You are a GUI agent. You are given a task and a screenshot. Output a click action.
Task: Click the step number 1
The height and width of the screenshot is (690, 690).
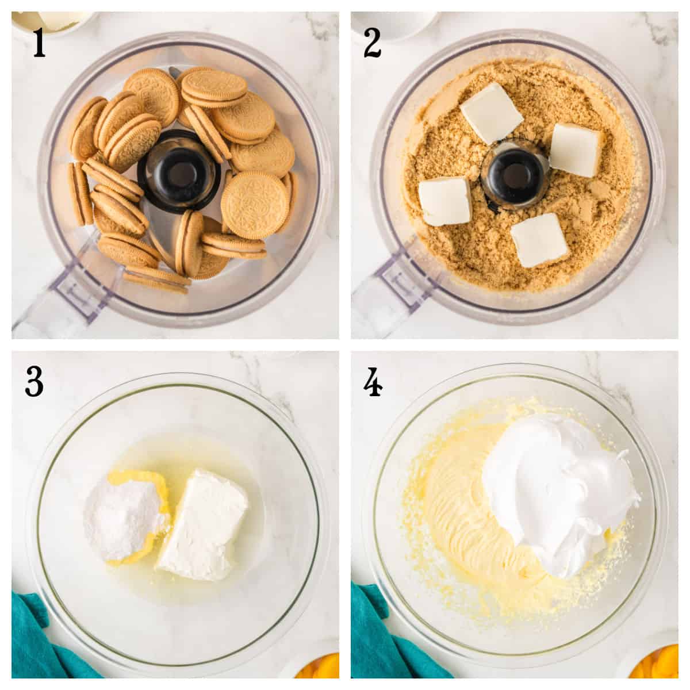tap(39, 43)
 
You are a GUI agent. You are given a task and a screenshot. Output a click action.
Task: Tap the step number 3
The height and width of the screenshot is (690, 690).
tap(34, 381)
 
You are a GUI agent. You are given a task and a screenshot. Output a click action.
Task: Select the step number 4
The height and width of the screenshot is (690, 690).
tap(373, 381)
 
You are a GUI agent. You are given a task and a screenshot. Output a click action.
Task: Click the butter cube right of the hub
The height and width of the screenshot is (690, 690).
tap(577, 150)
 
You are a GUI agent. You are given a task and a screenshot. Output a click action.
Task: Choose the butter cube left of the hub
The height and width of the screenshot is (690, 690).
tap(445, 201)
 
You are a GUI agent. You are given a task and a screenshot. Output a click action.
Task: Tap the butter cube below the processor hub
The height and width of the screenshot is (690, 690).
tap(539, 240)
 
